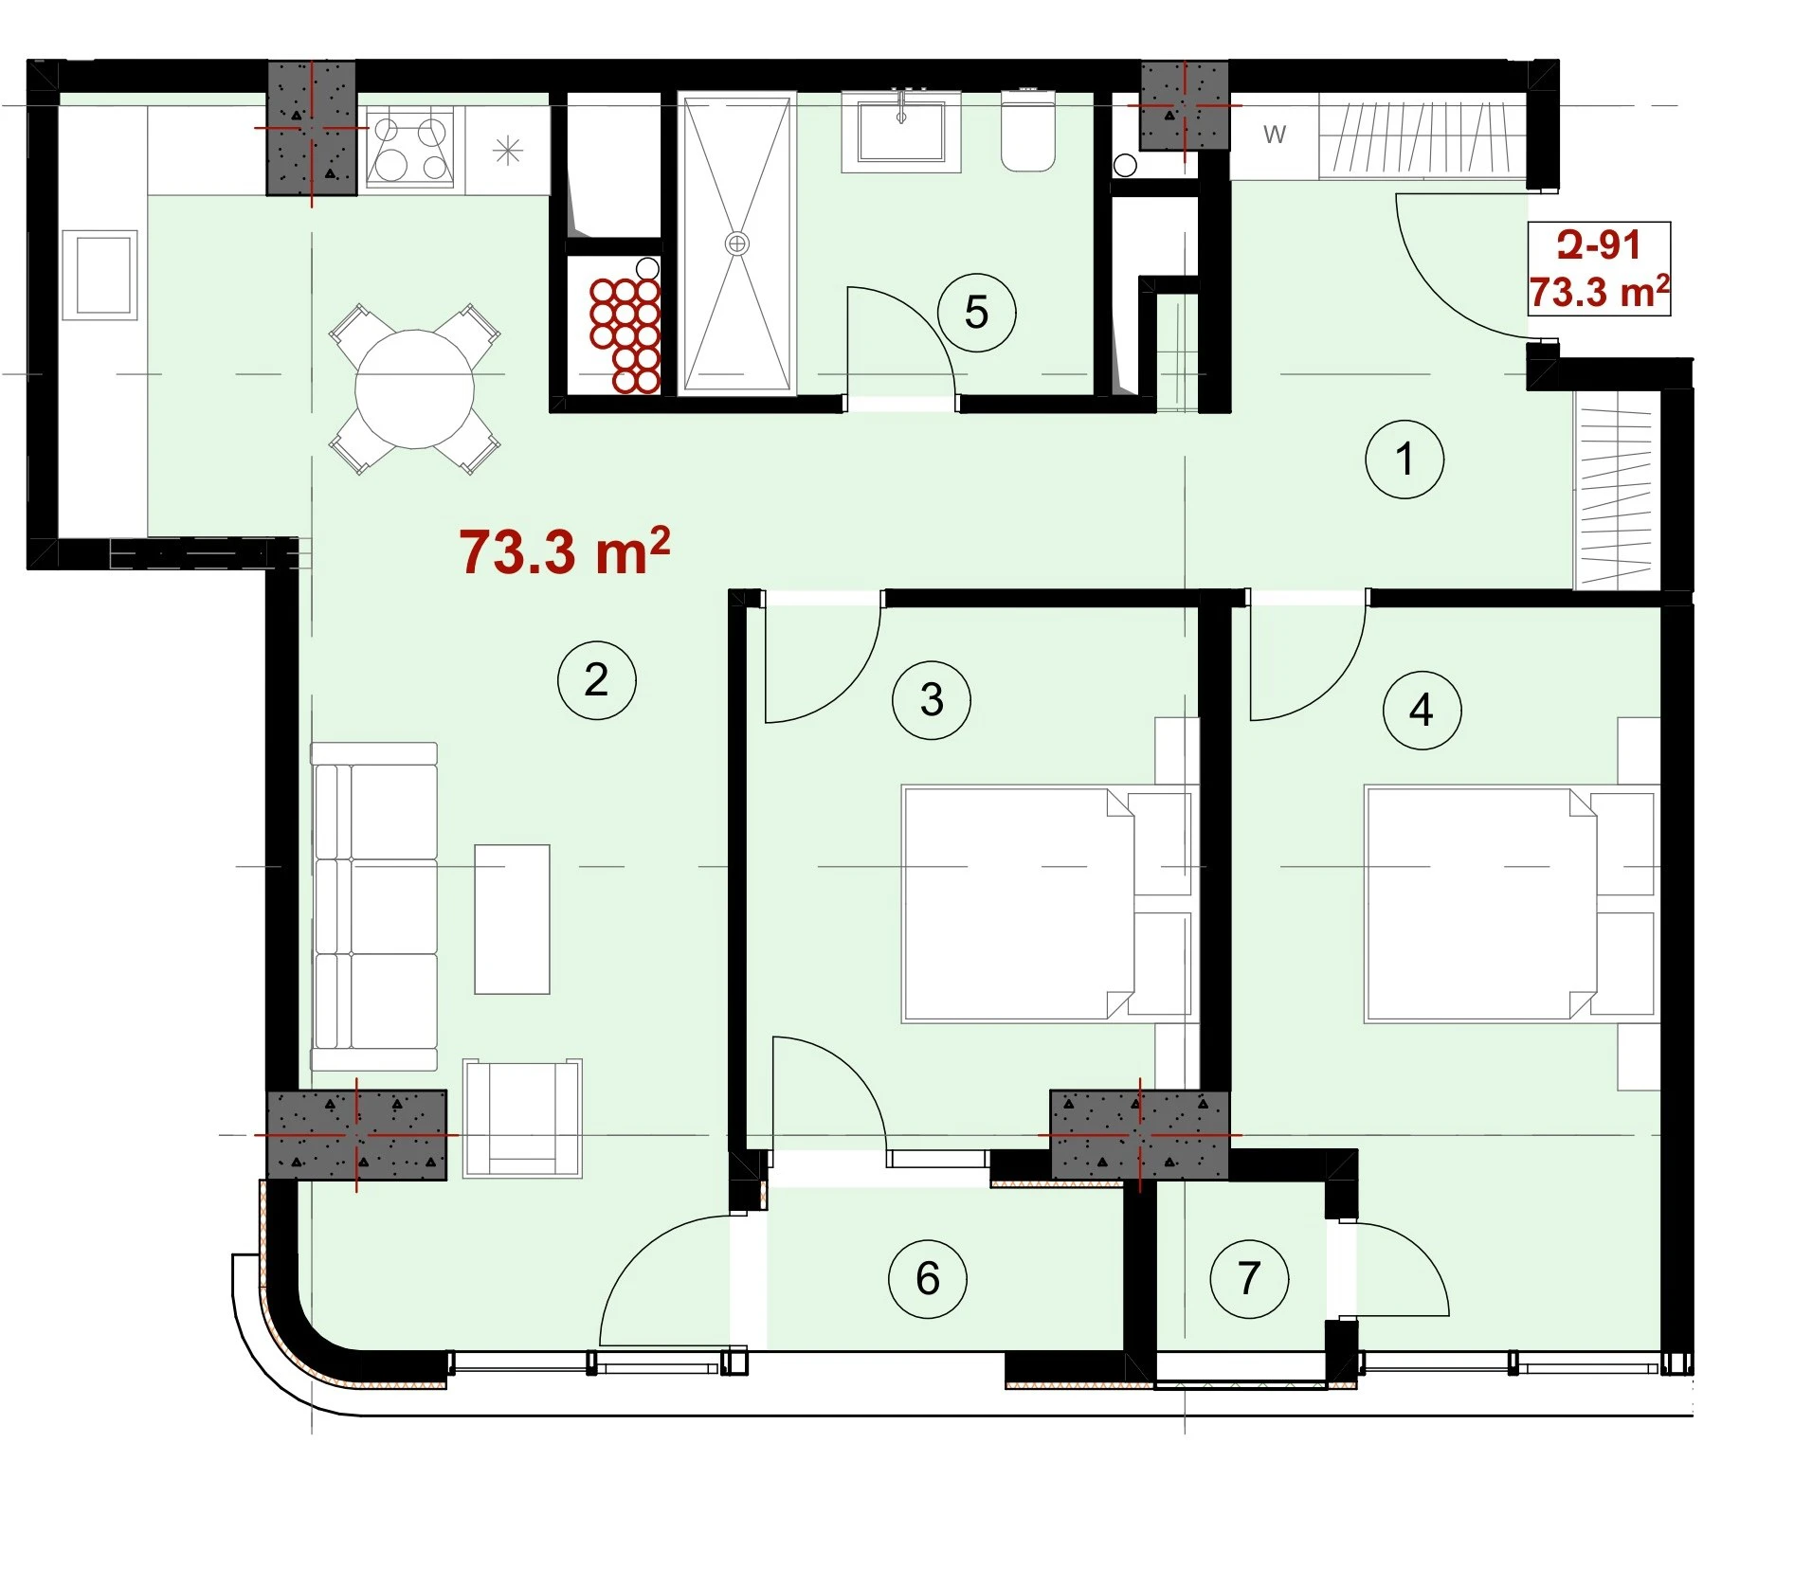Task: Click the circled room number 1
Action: (x=1404, y=460)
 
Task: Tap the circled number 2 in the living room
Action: (x=596, y=679)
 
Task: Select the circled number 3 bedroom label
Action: (x=932, y=700)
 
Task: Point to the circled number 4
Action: (x=1421, y=710)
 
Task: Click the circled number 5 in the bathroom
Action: (x=976, y=313)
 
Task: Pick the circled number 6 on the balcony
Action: (x=928, y=1278)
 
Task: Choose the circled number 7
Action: (x=1249, y=1278)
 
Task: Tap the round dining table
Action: (x=414, y=388)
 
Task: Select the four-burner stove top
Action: (x=409, y=148)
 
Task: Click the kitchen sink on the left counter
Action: (x=103, y=275)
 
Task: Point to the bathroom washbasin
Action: (x=900, y=131)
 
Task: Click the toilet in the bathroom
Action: (x=1028, y=130)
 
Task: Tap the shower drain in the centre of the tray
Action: (x=736, y=243)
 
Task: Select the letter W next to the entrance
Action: (x=1275, y=135)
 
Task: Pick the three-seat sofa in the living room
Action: (x=374, y=907)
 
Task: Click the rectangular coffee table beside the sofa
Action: (x=512, y=919)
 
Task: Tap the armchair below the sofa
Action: (x=522, y=1118)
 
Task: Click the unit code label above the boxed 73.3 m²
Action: (x=1599, y=245)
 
